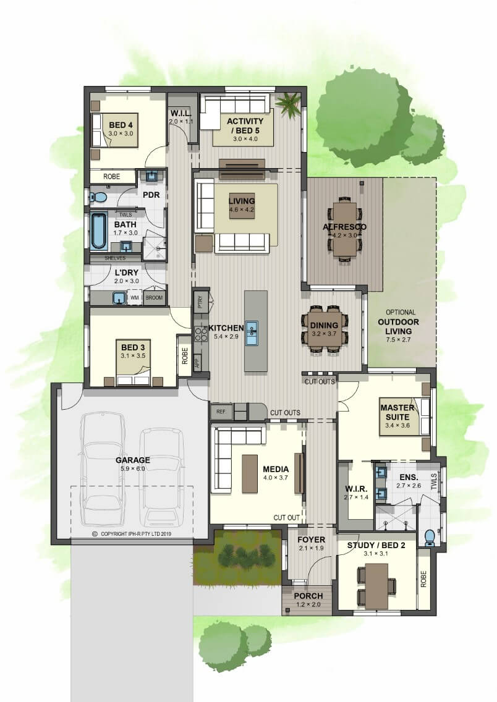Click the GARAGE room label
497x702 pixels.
(132, 460)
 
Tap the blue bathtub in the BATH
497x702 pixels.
(98, 231)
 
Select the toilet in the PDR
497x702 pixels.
(98, 197)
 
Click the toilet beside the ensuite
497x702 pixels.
(430, 537)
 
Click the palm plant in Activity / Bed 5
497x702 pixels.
(288, 105)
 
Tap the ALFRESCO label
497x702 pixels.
(344, 227)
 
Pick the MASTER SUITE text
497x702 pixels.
(397, 412)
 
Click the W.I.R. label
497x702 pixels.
(356, 488)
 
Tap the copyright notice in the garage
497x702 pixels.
(132, 534)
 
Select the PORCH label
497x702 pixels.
(308, 596)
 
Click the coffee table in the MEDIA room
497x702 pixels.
(250, 474)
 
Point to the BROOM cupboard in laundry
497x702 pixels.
(154, 297)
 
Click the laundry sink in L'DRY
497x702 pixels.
(119, 298)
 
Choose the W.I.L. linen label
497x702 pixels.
(181, 114)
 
